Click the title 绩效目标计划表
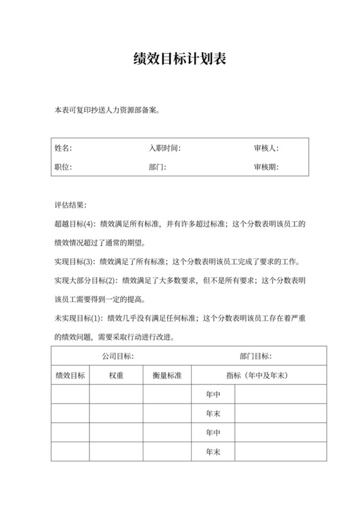pos(179,60)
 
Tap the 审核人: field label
pos(265,148)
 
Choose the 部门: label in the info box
pos(157,167)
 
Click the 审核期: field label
pos(265,167)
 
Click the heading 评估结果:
pos(70,206)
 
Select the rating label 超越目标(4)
pos(75,224)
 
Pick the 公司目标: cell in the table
pos(118,356)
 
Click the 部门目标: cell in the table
pos(255,356)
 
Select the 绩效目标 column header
pos(70,375)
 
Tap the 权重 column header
pos(116,375)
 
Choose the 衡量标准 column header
pos(167,375)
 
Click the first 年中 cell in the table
pos(213,394)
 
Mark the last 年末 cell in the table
pos(213,452)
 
